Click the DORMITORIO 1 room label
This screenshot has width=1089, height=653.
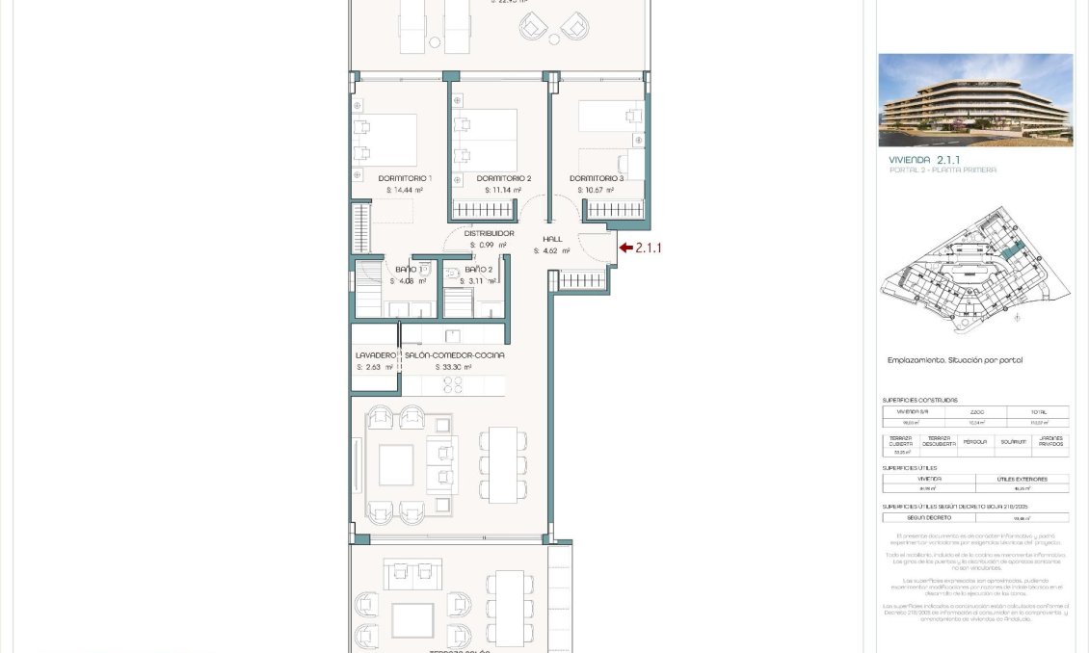coord(405,178)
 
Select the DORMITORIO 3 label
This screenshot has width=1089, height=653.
coord(597,178)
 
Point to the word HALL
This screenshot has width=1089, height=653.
coord(552,239)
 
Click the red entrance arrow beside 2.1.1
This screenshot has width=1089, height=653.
coord(625,248)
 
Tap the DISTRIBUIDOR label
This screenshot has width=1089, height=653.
coord(489,233)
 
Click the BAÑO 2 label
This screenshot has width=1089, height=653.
coord(478,270)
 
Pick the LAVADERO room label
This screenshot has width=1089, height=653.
coord(376,355)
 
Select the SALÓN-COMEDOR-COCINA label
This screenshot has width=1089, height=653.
coord(454,355)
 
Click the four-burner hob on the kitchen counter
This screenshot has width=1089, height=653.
coord(454,384)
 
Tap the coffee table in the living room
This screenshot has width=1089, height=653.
coord(396,464)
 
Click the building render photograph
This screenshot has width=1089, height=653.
coord(975,100)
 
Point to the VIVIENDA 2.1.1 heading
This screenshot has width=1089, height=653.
coord(923,160)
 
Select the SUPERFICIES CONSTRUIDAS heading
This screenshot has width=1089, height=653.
coord(919,400)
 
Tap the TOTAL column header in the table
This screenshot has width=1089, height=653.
coord(1037,411)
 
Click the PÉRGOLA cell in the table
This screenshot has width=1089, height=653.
coord(976,441)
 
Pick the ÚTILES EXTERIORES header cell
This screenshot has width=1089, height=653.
coord(1022,479)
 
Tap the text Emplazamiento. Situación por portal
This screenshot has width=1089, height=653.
coord(954,360)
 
